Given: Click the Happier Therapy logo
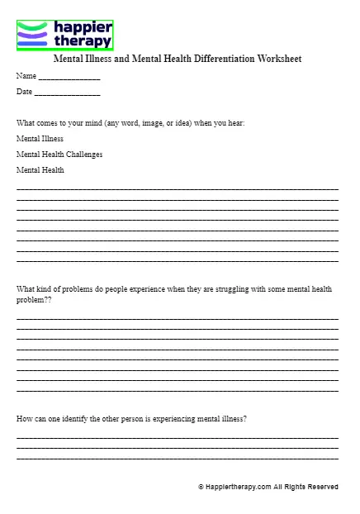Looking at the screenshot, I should tap(64, 36).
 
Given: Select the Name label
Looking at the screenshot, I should tap(26, 76).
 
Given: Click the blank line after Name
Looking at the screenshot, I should tap(69, 78).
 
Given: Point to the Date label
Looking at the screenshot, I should tap(25, 92).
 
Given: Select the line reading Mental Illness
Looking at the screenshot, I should tap(40, 139).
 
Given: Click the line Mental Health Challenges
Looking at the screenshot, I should tap(59, 155).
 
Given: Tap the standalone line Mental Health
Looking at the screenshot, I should tap(40, 170).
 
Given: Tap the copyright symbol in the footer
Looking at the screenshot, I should tap(201, 488).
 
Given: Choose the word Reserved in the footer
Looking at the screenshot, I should tap(322, 488).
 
